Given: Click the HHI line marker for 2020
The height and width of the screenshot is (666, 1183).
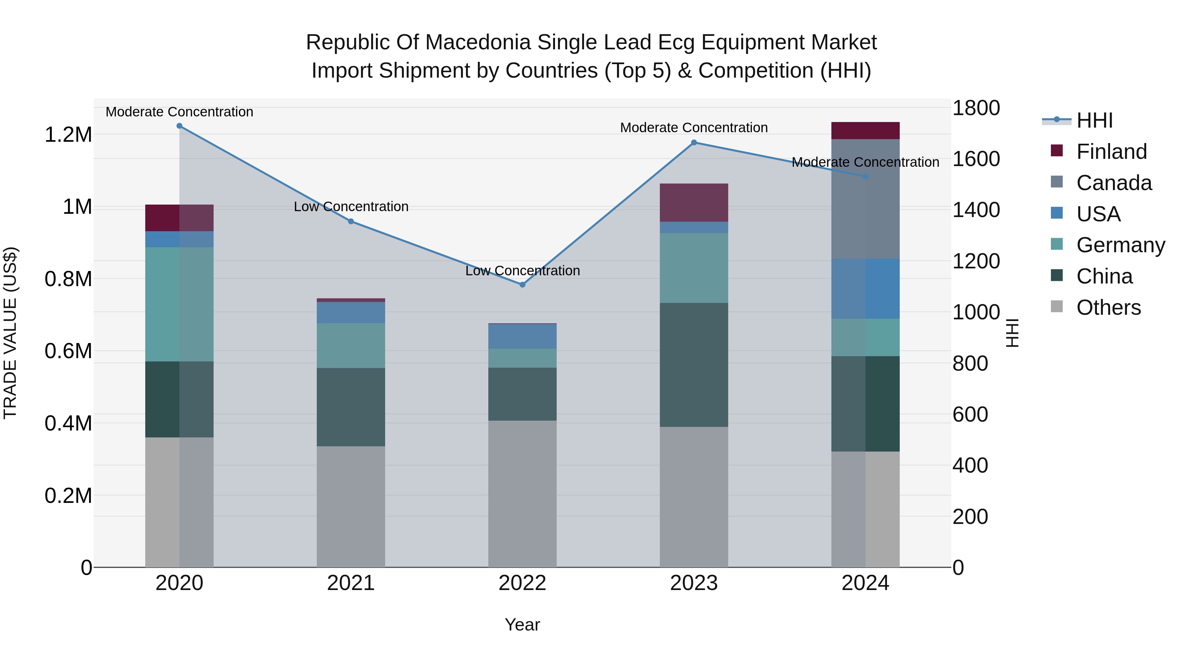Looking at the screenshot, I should (179, 126).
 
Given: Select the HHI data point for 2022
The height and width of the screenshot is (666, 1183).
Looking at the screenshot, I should (522, 284).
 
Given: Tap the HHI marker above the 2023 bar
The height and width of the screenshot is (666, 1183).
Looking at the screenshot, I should (694, 142).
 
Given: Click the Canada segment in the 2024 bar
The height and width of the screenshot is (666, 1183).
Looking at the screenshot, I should (865, 199).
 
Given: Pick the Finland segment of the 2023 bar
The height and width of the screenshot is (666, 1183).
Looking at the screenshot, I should (694, 203).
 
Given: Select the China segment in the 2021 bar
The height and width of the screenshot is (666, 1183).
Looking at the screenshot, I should (351, 407).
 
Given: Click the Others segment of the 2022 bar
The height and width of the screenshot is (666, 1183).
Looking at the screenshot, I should (522, 494).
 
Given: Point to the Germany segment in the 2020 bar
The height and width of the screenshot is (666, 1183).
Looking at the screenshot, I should (179, 304).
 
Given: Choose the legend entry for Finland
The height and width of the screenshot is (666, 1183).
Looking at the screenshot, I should (1111, 152).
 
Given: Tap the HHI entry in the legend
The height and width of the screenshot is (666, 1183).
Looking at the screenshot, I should (1094, 120).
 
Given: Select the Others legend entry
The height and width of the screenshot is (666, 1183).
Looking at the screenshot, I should (1108, 308).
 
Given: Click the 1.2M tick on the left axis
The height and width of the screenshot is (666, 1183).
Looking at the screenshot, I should (68, 135).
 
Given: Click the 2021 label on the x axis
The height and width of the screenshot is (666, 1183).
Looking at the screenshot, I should (351, 583).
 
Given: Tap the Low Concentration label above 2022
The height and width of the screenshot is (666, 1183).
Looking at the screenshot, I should (522, 271).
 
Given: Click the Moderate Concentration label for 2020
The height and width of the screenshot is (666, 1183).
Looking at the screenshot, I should (179, 112).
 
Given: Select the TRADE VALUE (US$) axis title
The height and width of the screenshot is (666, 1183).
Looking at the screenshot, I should (10, 333).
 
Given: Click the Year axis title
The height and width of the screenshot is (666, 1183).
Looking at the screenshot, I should (522, 625).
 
